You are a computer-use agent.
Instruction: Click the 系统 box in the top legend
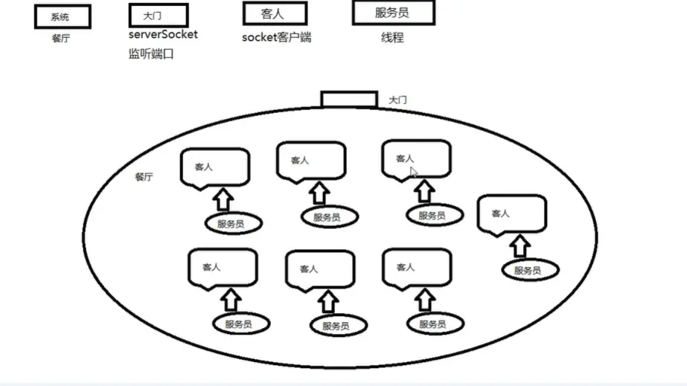pos(62,16)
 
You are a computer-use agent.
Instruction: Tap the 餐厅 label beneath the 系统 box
pos(61,39)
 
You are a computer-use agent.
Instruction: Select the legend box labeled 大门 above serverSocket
pos(158,15)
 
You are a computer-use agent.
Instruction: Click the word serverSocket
pos(163,34)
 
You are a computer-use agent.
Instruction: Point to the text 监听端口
pos(150,54)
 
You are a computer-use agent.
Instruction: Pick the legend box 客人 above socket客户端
pos(274,13)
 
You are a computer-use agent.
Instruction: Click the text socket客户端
pos(276,36)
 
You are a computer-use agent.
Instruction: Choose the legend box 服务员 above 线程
pos(393,13)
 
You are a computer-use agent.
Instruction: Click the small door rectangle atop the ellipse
pos(349,100)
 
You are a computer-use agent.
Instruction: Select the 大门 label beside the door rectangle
pos(397,99)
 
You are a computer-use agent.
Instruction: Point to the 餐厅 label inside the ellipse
pos(144,177)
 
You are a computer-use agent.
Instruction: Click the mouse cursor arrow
pos(414,172)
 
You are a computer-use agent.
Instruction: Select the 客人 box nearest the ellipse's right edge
pos(512,214)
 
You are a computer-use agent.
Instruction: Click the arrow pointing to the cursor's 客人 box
pos(424,192)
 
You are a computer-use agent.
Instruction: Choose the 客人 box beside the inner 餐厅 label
pos(214,168)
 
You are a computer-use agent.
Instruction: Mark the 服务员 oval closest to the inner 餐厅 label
pos(234,222)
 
